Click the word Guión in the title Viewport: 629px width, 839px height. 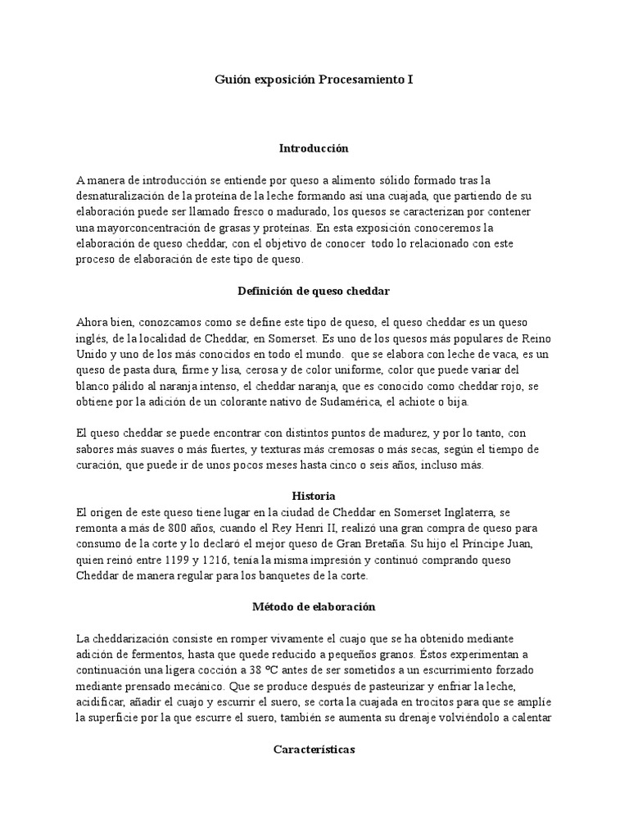pos(232,79)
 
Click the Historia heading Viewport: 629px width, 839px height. pos(314,497)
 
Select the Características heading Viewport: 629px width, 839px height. pos(314,749)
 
